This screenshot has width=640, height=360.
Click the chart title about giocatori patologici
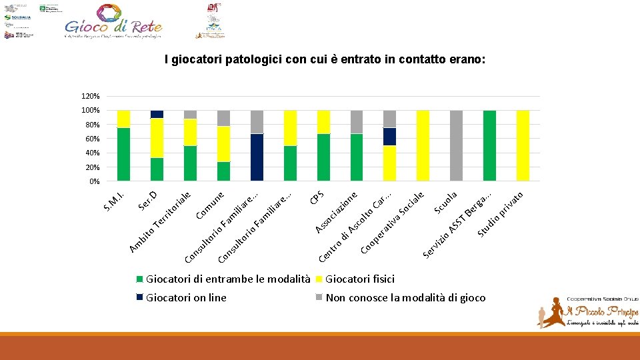pos(326,60)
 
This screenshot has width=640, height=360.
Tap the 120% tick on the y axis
pos(91,96)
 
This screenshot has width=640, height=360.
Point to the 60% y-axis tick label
pos(93,139)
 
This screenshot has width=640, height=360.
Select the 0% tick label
pos(95,181)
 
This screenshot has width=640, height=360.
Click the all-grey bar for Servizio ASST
pos(457,145)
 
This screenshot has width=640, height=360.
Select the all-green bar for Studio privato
pos(489,145)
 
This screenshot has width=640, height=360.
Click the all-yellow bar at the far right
pos(523,145)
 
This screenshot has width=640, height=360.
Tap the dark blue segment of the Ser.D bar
pos(157,114)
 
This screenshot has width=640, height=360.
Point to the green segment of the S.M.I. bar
pos(123,154)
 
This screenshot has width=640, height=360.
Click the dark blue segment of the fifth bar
pos(257,157)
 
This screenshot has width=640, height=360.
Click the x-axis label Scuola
pos(445,203)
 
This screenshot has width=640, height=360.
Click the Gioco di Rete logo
pos(113,21)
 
